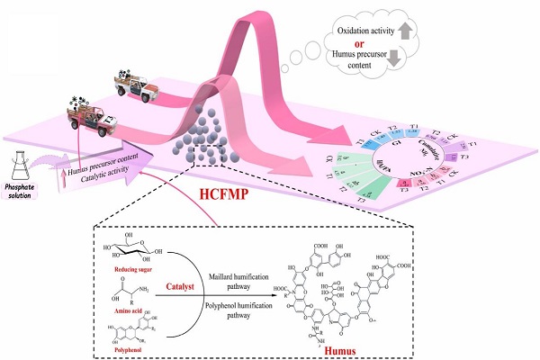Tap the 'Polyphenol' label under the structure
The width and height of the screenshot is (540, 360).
tap(132, 350)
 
